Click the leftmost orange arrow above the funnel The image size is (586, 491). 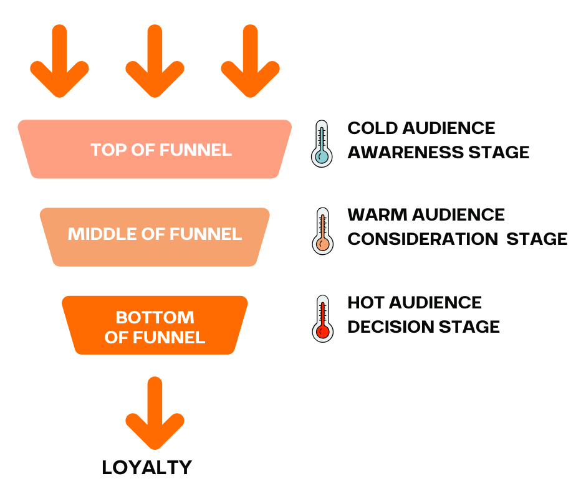coord(59,62)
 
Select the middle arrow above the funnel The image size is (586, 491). coord(155,62)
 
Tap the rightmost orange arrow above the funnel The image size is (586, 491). coord(250,62)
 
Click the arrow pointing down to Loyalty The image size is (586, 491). coord(155,414)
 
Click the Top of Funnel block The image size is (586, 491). coord(155,150)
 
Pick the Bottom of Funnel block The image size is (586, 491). coord(155,325)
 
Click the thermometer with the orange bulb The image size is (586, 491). coord(322,231)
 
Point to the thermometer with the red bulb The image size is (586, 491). coord(322,318)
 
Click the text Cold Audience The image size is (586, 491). coord(421,128)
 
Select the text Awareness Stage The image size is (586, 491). coord(438,152)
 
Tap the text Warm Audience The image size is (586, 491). coord(426,215)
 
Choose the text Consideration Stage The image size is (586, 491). coord(457,239)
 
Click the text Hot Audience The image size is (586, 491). coord(415,303)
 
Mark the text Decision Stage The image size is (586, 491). coord(423,327)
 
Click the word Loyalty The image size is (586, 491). coord(147,468)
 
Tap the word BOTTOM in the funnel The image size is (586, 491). coord(155,317)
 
